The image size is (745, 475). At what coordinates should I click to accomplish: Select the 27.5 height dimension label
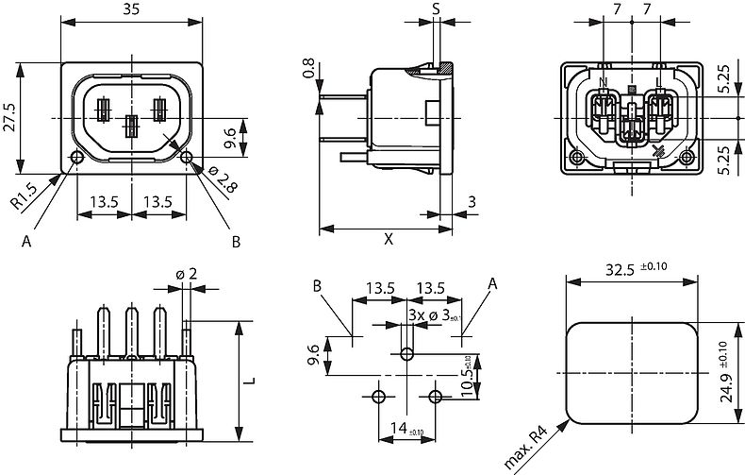click(9, 119)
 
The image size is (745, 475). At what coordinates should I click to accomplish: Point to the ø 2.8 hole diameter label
click(215, 180)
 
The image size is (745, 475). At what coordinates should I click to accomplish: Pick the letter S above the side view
click(437, 8)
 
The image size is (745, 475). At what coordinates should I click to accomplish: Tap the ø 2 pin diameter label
click(187, 274)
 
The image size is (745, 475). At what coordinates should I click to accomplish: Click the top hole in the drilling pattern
click(406, 354)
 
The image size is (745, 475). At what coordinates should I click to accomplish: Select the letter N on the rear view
click(603, 82)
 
